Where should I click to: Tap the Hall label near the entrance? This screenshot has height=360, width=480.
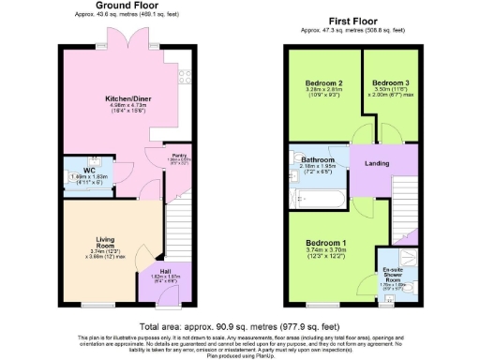click(x=164, y=271)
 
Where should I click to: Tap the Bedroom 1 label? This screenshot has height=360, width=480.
click(x=325, y=244)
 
